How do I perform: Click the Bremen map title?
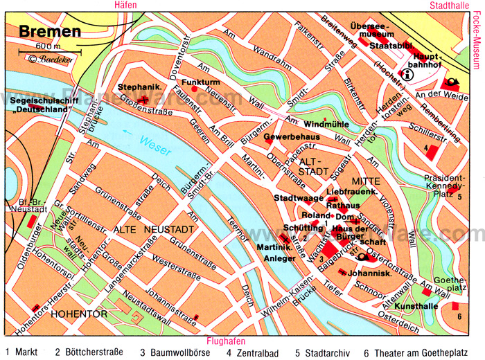(x=49, y=31)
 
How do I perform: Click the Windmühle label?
(x=326, y=124)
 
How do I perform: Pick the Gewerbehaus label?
(x=285, y=136)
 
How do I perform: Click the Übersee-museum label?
(x=372, y=33)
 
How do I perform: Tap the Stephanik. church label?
(x=135, y=87)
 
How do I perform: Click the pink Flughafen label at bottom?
(x=225, y=341)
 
